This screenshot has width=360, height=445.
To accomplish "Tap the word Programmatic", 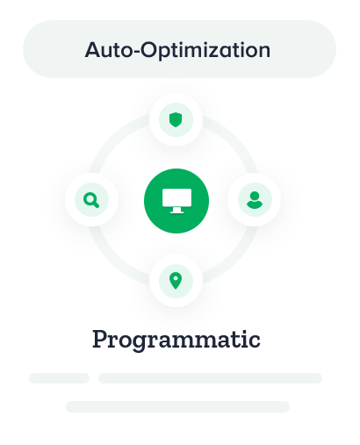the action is coord(176,340).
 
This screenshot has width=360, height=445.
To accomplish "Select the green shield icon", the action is coord(176,120).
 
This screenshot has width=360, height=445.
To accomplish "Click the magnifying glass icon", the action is coord(91,200).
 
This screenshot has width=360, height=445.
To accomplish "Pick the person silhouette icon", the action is coord(255,200).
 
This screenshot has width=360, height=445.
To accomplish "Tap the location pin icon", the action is coord(176,281).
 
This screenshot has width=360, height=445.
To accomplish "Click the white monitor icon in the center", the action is coord(176,201).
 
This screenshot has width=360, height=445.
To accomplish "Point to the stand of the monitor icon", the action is coord(176,210).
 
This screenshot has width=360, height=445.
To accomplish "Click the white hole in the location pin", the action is coord(176,278).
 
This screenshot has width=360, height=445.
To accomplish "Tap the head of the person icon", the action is coord(255,195).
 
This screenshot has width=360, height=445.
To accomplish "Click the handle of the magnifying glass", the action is coord(97,205).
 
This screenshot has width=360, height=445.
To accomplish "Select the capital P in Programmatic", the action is coord(100,339).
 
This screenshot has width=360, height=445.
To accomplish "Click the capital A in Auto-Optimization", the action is coord(93,50).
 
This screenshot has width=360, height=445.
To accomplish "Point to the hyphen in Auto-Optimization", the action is coord(136,52).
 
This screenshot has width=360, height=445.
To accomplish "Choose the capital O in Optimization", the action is coord(149,49).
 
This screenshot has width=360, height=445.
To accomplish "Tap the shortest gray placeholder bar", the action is coord(59,378).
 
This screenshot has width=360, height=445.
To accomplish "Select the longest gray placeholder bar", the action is coord(210,378).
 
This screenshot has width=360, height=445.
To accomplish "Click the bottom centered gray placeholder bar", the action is coord(177,406).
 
